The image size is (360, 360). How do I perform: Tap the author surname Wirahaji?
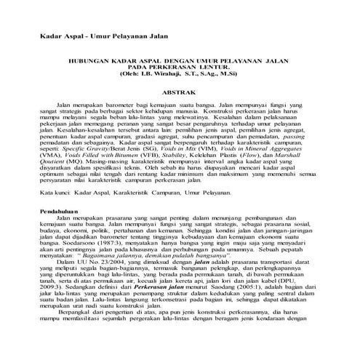click(170, 75)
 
